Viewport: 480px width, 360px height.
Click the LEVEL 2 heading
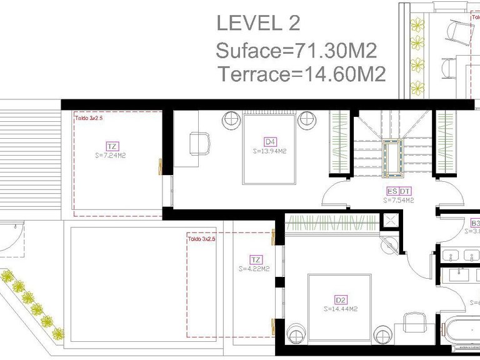[258, 23]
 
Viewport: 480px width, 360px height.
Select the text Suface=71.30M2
[296, 49]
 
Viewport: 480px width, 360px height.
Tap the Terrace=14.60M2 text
[302, 74]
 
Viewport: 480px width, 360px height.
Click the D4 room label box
[269, 141]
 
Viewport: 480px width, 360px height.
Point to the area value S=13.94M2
[269, 151]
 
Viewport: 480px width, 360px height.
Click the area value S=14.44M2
[341, 309]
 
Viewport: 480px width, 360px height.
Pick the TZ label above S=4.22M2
[255, 259]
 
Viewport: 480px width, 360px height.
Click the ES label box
[392, 191]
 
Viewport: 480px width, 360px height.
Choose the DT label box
[405, 191]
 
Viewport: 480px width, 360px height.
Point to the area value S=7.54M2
[398, 201]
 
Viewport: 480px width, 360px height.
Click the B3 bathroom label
[475, 223]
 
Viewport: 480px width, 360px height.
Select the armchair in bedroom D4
[199, 143]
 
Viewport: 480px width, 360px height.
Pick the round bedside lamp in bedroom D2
[296, 331]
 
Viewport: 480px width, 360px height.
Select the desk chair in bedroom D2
[413, 323]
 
